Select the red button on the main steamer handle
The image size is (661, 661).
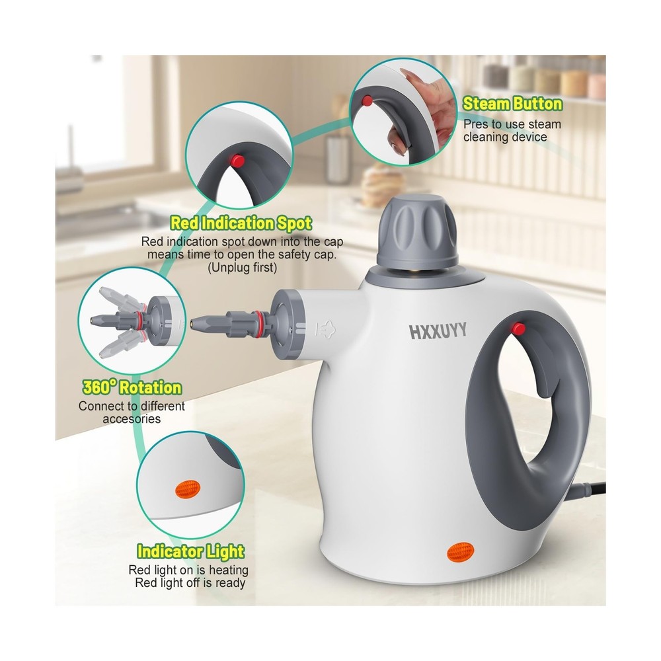(x=518, y=328)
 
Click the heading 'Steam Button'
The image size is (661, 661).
(x=512, y=104)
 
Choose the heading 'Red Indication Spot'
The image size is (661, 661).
(x=241, y=223)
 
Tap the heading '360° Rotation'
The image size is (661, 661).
(x=132, y=387)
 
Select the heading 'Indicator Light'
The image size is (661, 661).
(x=190, y=551)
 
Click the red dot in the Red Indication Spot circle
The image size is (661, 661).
(x=235, y=160)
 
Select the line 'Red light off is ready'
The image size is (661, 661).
(x=190, y=582)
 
